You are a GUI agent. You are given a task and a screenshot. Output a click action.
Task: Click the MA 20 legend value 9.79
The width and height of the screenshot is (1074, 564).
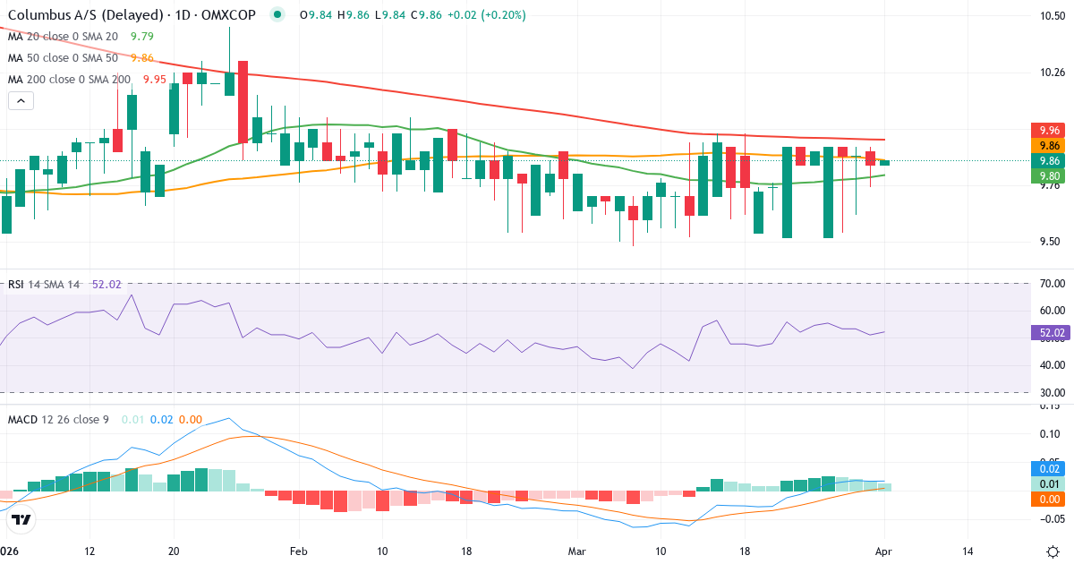pos(141,37)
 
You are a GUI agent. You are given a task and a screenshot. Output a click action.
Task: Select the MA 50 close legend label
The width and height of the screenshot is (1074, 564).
pos(63,58)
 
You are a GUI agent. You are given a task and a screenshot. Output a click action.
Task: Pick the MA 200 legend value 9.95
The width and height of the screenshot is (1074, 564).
pos(154,80)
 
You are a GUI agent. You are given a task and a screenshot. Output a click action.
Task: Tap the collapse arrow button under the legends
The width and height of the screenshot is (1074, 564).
pos(21,101)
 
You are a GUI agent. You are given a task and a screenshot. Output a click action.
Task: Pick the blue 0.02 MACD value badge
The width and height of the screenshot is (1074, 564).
pos(1048,468)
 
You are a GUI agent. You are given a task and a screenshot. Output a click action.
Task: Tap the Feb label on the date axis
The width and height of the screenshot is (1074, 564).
pos(299,551)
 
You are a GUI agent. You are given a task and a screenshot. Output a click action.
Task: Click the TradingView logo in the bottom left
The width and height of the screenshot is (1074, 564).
pos(21,519)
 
